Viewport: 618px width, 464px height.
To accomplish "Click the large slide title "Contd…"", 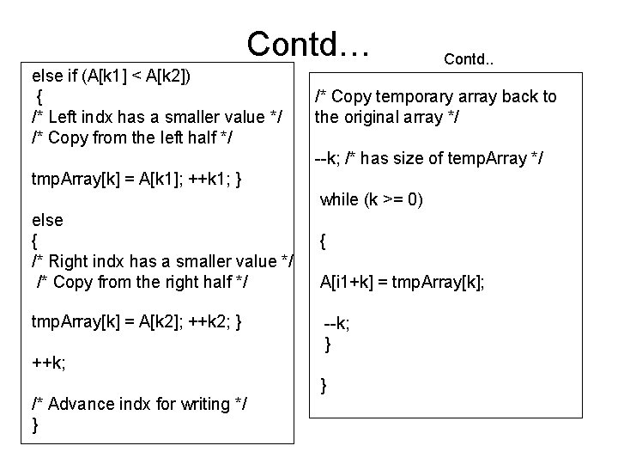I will (x=308, y=41).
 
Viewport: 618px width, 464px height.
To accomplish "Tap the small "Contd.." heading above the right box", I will (x=471, y=59).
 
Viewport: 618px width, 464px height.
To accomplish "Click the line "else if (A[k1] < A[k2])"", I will (x=112, y=76).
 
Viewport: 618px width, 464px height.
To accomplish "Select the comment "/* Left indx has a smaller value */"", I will (x=158, y=116).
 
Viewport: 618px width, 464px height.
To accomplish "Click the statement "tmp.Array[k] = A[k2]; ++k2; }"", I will (x=136, y=322).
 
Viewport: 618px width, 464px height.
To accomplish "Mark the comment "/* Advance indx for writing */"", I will (x=140, y=404).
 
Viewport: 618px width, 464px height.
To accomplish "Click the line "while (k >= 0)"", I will (x=372, y=199).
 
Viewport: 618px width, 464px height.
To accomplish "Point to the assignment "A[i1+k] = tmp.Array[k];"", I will (x=402, y=281).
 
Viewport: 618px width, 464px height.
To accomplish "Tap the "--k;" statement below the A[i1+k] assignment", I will (x=336, y=324).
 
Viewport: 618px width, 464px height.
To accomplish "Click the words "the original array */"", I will (x=387, y=117).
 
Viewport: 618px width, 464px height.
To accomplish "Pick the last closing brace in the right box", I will (x=324, y=387).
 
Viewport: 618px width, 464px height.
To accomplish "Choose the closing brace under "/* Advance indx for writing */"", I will (x=35, y=425).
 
